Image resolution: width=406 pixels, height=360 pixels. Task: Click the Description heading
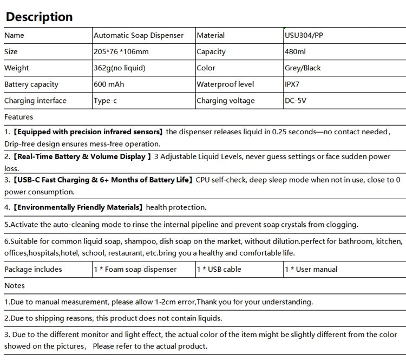pyautogui.click(x=39, y=17)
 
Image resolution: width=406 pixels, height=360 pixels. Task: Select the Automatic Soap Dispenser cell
pyautogui.click(x=139, y=36)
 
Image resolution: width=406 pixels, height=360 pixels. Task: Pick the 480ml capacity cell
pyautogui.click(x=295, y=52)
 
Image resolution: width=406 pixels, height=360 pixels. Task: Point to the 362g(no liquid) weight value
pyautogui.click(x=120, y=68)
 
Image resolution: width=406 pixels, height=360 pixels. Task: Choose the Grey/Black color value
pyautogui.click(x=303, y=68)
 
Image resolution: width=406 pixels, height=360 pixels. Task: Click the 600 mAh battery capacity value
pyautogui.click(x=109, y=84)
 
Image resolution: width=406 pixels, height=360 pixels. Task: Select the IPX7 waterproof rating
pyautogui.click(x=293, y=84)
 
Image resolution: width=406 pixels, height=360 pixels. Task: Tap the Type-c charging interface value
pyautogui.click(x=106, y=101)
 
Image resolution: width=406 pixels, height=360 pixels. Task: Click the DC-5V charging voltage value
pyautogui.click(x=296, y=101)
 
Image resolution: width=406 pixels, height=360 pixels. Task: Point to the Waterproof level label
pyautogui.click(x=225, y=84)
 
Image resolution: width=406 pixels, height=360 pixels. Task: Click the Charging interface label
pyautogui.click(x=35, y=101)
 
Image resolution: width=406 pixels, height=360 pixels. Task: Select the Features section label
pyautogui.click(x=18, y=117)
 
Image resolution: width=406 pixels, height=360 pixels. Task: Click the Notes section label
pyautogui.click(x=15, y=285)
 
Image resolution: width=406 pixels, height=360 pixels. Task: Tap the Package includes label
pyautogui.click(x=33, y=269)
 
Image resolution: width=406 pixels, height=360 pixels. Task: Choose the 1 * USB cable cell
pyautogui.click(x=219, y=269)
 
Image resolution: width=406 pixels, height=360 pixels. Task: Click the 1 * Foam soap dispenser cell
pyautogui.click(x=135, y=269)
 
